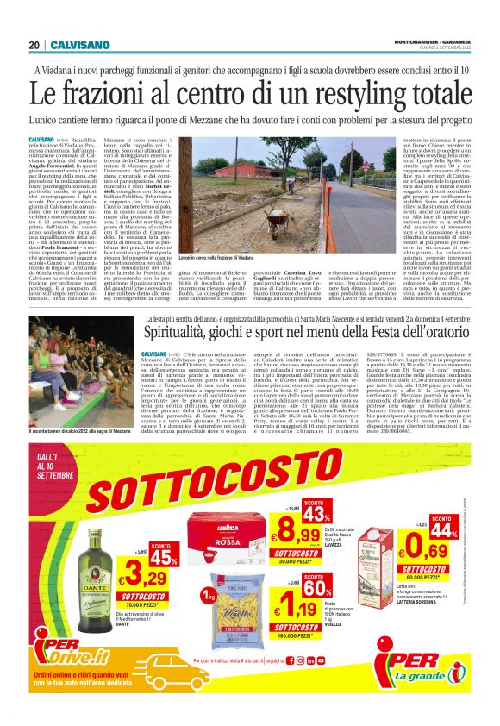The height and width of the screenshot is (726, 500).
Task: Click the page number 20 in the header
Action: pos(34,44)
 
